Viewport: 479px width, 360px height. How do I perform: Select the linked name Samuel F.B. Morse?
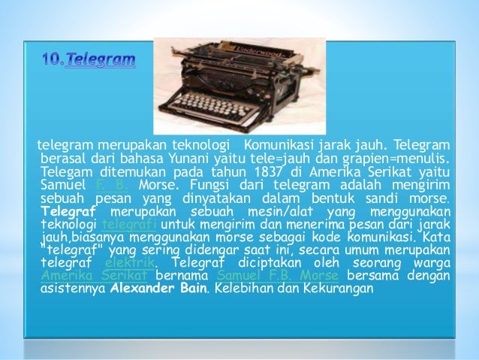264,274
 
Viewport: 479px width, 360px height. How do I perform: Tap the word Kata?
437,237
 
